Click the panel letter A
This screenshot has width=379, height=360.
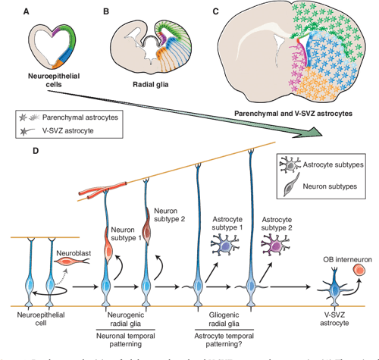28,11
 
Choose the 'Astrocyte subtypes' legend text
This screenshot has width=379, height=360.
337,166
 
